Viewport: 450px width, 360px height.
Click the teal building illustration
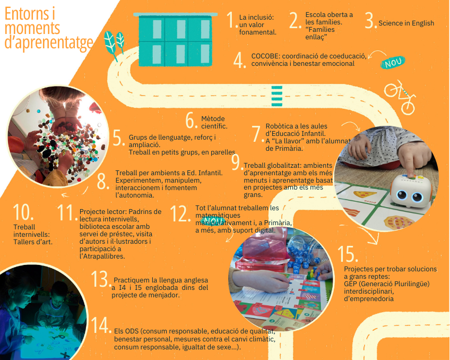pos(175,39)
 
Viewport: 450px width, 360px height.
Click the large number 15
pos(348,254)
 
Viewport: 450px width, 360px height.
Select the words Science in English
pos(406,23)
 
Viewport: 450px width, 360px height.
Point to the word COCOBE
pos(264,56)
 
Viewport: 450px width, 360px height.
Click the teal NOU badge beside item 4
pos(393,62)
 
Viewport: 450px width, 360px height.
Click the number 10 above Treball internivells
pos(23,212)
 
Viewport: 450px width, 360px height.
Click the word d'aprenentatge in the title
pos(49,42)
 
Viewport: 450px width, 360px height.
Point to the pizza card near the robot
pos(364,195)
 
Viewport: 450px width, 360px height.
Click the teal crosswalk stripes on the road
pos(276,96)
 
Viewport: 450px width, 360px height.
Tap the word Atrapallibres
pos(102,256)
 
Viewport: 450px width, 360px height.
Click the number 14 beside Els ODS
pos(101,325)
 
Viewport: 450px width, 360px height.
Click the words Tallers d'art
pos(33,242)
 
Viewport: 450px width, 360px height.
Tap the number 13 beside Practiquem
pos(100,279)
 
